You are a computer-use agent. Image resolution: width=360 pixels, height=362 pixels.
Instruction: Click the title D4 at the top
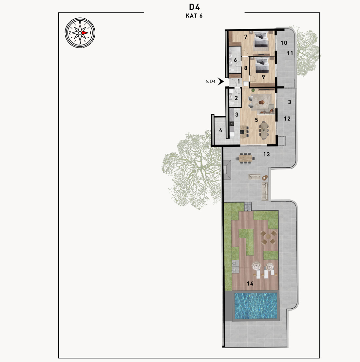pos(194,7)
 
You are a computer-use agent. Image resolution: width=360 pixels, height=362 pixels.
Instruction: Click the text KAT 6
pos(194,16)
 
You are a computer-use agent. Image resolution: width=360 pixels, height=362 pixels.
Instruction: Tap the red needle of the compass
pos(85,33)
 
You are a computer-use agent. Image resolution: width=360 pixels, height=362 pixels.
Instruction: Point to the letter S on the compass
pos(80,23)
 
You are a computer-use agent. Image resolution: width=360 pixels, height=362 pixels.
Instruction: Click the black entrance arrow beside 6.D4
pos(221,81)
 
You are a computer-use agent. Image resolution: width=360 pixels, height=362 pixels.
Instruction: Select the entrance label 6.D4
pos(210,82)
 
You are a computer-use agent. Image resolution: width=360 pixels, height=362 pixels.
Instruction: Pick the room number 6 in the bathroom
pos(235,60)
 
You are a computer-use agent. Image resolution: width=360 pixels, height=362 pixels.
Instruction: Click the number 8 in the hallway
pos(245,68)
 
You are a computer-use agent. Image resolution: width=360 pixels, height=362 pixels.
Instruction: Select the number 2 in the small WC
pos(236,98)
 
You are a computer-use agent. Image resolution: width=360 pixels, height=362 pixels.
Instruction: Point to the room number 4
pos(221,130)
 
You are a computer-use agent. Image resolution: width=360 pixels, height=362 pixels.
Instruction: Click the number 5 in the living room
pos(256,120)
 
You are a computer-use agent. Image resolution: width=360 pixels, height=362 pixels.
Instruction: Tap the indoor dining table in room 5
pos(264,130)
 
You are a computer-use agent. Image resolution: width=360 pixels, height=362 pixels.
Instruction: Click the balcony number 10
pos(284,43)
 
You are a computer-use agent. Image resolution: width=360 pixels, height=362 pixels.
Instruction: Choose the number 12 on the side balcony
pos(287,119)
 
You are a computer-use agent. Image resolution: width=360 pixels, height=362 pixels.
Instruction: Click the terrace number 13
pos(266,154)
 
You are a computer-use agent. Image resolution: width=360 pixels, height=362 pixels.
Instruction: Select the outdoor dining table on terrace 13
pos(245,158)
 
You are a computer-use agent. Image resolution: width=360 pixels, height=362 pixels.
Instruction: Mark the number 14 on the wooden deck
pos(250,283)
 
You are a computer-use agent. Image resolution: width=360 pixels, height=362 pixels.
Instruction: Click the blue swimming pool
pos(256,306)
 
